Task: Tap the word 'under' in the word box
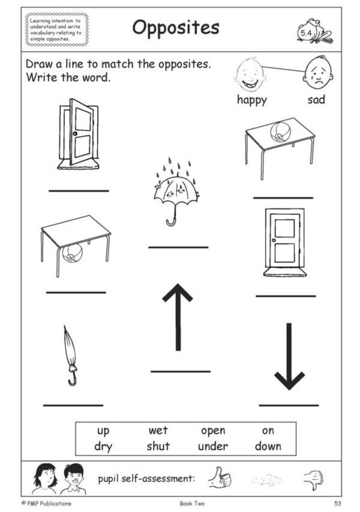click(213, 446)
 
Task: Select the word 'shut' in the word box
click(158, 446)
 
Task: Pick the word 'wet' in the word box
click(158, 430)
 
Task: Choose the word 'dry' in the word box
click(103, 447)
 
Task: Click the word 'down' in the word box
click(268, 446)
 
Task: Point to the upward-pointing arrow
click(178, 317)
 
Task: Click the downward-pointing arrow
click(289, 357)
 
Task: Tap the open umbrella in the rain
click(176, 192)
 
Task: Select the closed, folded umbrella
click(71, 355)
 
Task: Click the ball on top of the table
click(280, 131)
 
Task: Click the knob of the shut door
click(274, 240)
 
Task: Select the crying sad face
click(318, 73)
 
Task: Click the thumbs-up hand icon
click(220, 478)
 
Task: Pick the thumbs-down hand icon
click(313, 480)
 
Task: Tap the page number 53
click(337, 503)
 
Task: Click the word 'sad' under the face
click(316, 99)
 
